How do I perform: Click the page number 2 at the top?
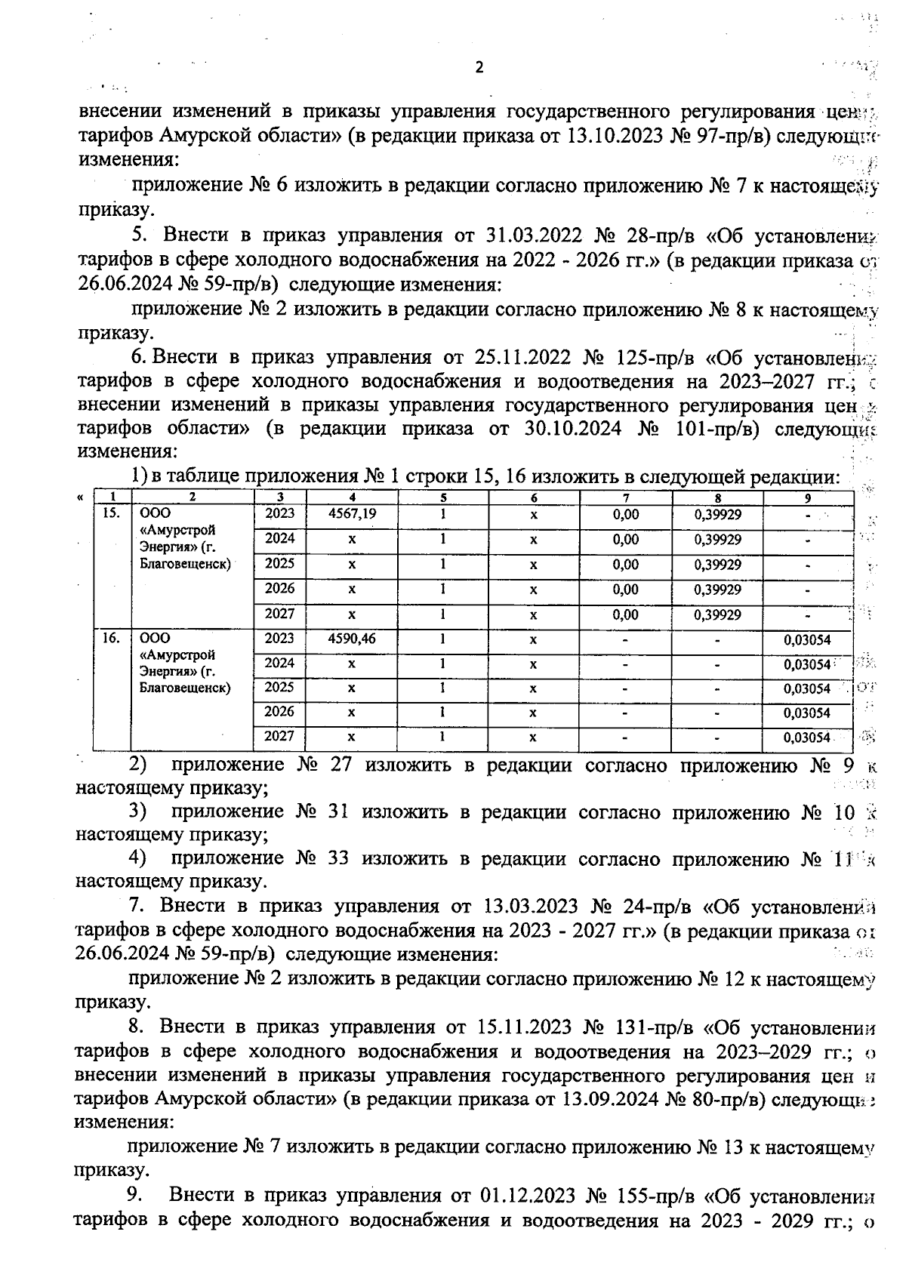479,67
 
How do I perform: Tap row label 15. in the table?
111,513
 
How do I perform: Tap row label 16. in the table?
111,639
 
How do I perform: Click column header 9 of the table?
808,497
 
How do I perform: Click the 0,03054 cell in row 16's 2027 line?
806,737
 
